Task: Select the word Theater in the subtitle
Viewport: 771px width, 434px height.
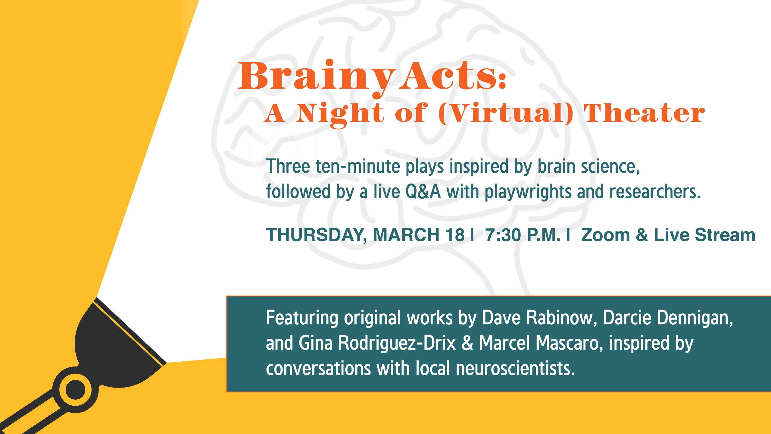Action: [645, 113]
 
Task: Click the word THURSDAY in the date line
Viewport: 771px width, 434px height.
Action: [317, 235]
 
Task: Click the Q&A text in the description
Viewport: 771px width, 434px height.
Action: [423, 192]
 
